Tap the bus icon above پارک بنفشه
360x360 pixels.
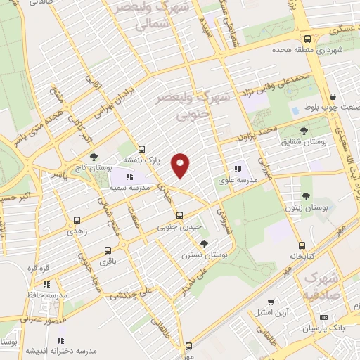(142, 149)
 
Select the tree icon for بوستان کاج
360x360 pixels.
(94, 157)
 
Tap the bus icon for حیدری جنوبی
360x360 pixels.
(179, 214)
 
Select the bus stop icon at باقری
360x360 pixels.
(108, 250)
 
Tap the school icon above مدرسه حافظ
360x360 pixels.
(46, 284)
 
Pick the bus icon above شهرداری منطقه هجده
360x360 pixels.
(307, 39)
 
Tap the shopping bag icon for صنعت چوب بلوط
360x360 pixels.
(333, 97)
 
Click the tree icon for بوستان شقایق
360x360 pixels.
(304, 130)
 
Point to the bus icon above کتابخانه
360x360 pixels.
(302, 245)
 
